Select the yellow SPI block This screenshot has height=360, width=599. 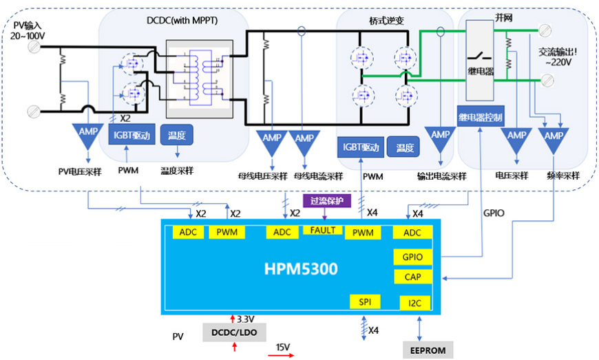[364, 301]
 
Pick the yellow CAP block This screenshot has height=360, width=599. [412, 277]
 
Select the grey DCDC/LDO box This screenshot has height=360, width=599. [234, 332]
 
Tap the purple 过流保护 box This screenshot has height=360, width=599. [327, 201]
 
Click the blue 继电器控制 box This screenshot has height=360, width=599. [481, 117]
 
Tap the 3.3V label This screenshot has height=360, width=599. [246, 319]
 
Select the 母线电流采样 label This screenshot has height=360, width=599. [318, 176]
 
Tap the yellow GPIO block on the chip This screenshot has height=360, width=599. [412, 257]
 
